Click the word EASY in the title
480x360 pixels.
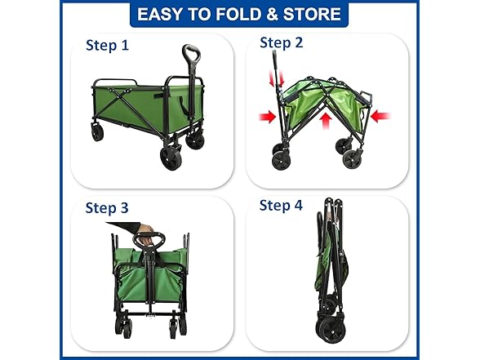pyautogui.click(x=163, y=14)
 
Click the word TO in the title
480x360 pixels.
pyautogui.click(x=206, y=14)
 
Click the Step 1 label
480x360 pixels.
pyautogui.click(x=107, y=46)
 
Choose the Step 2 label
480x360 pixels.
pyautogui.click(x=282, y=42)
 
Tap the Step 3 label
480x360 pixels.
pyautogui.click(x=107, y=208)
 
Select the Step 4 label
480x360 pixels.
pyautogui.click(x=281, y=205)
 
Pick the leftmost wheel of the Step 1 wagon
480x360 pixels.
pyautogui.click(x=97, y=131)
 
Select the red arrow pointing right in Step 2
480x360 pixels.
pyautogui.click(x=267, y=118)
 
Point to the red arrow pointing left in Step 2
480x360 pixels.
pyautogui.click(x=380, y=117)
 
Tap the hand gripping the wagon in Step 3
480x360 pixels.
pyautogui.click(x=145, y=235)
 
